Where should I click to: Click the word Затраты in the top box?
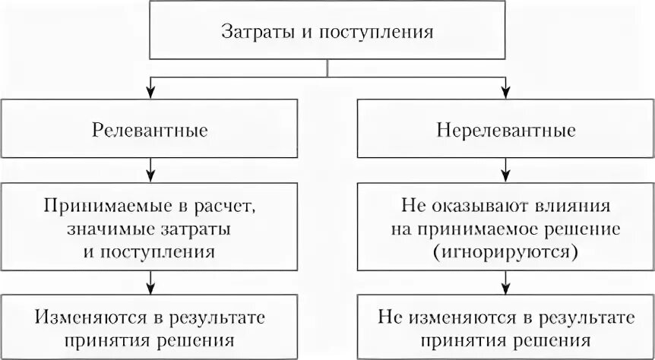tap(251, 33)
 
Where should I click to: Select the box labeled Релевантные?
tap(151, 130)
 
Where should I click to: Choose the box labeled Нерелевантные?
tap(505, 130)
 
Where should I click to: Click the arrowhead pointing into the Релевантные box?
tap(151, 93)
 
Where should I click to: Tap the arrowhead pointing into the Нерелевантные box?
tap(505, 93)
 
